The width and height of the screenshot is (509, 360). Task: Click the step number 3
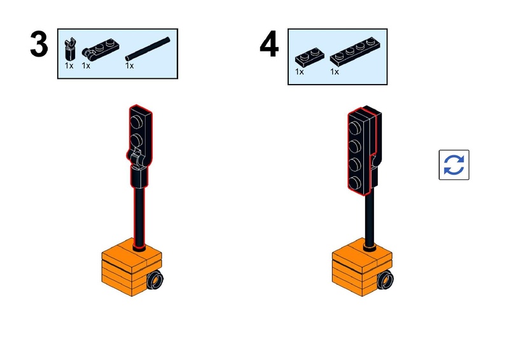pos(39,45)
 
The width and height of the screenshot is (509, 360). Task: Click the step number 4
pos(269,45)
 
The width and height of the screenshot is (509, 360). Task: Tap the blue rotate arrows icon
pos(454,165)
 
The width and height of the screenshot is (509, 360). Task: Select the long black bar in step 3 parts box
pos(148,49)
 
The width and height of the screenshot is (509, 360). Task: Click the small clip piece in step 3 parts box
pos(70,50)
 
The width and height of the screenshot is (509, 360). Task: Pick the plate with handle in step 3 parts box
pos(100,50)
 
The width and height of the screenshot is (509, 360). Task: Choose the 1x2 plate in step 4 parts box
pos(309,57)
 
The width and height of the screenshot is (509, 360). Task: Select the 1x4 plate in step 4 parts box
pos(355,52)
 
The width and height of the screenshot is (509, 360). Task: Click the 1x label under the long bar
pos(130,66)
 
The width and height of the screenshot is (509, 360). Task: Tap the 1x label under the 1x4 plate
pos(335,72)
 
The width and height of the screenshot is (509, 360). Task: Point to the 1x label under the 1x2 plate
pos(299,72)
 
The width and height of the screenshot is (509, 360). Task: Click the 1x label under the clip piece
pos(69,66)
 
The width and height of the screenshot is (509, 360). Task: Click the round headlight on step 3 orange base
pos(155,279)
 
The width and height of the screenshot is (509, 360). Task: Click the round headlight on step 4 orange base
pos(386,279)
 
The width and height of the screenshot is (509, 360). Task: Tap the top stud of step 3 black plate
pos(136,122)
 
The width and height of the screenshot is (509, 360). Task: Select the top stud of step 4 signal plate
pos(354,128)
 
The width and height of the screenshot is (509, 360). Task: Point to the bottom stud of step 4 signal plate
pos(354,183)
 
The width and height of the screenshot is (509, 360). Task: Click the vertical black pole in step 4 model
pos(369,218)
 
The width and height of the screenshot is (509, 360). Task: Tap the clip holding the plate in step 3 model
pos(137,159)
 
